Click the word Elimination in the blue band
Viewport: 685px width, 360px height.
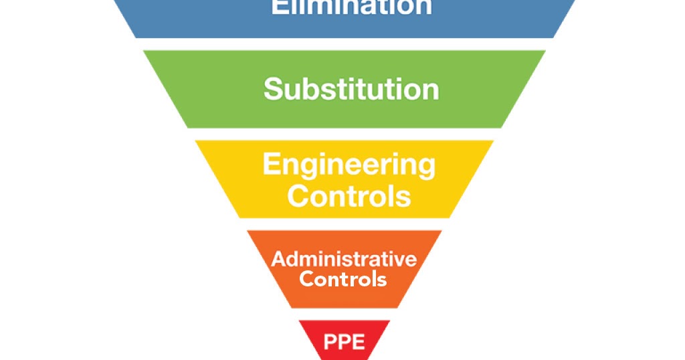click(351, 7)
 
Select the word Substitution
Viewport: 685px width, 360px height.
click(351, 89)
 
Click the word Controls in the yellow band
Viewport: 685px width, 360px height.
click(353, 196)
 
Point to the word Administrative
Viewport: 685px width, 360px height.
click(344, 259)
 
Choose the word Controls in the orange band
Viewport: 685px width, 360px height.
click(343, 278)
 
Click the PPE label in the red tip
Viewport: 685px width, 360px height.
click(345, 342)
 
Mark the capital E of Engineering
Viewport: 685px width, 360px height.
click(271, 164)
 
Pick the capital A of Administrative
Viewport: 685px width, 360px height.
click(278, 259)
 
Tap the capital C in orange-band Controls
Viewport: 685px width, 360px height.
click(307, 278)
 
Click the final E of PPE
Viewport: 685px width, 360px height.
click(359, 342)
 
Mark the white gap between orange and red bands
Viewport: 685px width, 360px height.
click(344, 314)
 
